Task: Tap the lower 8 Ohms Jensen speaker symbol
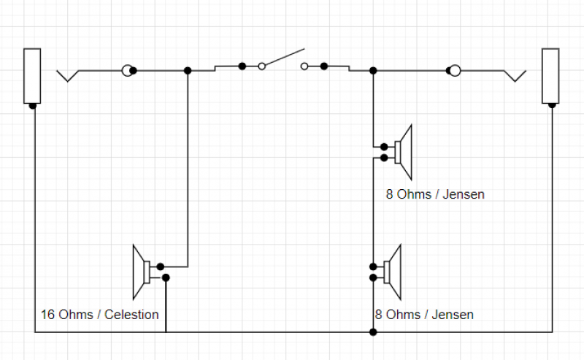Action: coord(392,272)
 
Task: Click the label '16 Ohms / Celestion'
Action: coord(100,315)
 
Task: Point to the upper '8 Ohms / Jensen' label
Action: coord(435,195)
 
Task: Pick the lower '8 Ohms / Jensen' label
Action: coord(423,315)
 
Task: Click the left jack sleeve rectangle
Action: coord(32,76)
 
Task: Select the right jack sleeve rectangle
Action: coord(550,76)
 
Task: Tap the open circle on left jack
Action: coord(128,70)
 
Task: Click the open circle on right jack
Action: coord(454,70)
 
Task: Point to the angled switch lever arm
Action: coord(283,58)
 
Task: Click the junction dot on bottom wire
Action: coord(373,332)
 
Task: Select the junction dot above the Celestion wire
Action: coord(188,70)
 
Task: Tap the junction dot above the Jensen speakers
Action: coord(373,70)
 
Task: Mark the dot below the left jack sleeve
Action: coord(33,106)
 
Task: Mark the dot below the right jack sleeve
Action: coord(551,106)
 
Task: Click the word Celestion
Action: coord(131,315)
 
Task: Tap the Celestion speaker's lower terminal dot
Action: coord(166,277)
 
